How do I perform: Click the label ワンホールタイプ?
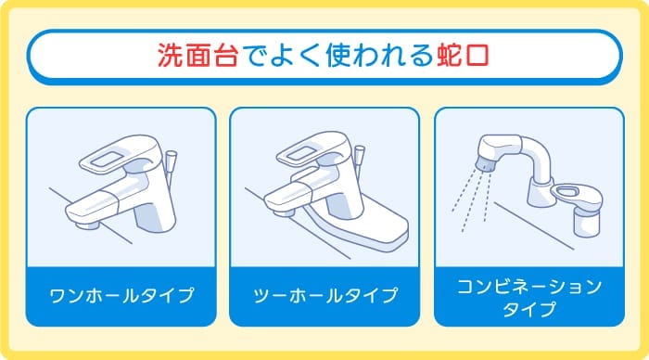(121, 297)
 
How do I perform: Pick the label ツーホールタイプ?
(324, 297)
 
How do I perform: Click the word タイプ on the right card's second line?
(529, 310)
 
